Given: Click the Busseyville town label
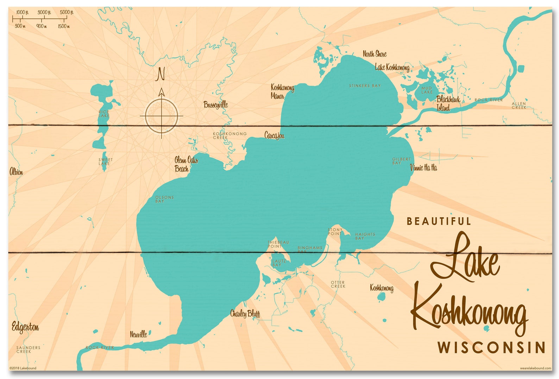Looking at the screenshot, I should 215,105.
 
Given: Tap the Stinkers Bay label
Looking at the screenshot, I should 365,86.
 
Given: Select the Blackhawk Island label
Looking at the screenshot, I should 448,103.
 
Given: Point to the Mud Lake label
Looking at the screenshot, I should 427,90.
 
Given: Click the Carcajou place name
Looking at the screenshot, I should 274,135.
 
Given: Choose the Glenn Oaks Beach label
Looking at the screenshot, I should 186,164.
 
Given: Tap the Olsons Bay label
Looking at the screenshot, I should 164,199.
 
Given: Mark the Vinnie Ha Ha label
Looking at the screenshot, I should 423,168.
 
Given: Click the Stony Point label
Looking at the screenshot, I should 335,232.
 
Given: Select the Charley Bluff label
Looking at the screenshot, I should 245,313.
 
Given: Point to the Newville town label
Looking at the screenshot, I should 138,334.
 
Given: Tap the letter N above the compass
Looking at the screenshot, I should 161,74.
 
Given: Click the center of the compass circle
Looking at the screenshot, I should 162,116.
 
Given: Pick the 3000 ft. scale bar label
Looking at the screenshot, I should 44,12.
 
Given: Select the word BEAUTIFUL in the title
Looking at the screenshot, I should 439,221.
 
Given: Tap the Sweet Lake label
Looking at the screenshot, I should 105,162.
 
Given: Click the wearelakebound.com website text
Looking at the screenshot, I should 535,368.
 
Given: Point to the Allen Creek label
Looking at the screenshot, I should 519,105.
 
